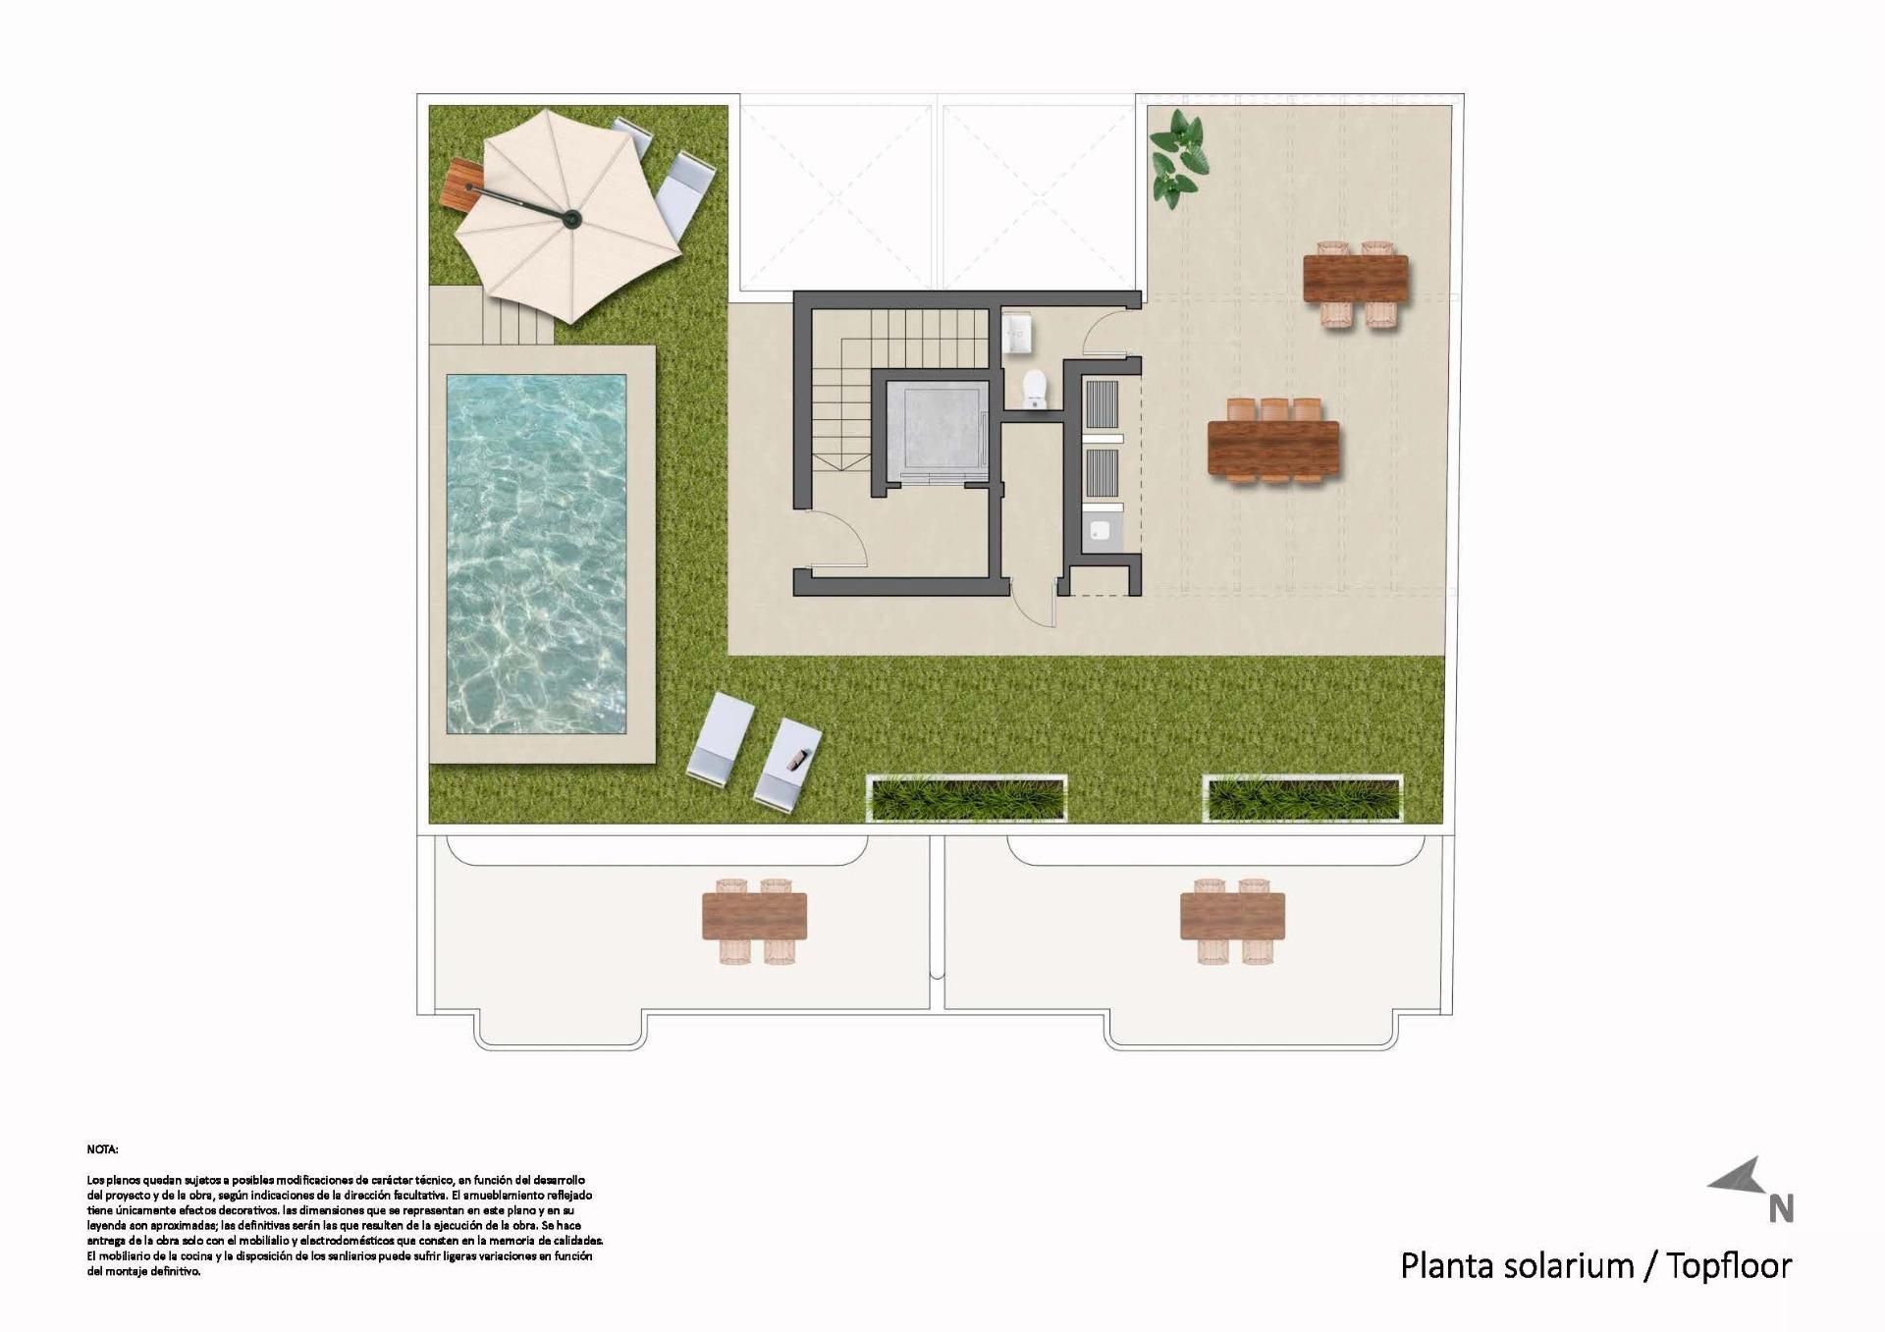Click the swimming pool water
click(x=536, y=554)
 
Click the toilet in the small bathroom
click(x=1035, y=390)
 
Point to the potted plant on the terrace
click(x=1177, y=158)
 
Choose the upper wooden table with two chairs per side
click(x=1355, y=279)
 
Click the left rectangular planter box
click(x=967, y=797)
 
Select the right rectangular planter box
click(x=1302, y=797)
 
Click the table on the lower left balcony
click(x=754, y=916)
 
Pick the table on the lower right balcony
click(x=1232, y=916)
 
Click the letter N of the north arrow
click(x=1781, y=1208)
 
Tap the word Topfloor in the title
click(x=1729, y=1266)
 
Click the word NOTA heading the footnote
click(x=102, y=1148)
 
